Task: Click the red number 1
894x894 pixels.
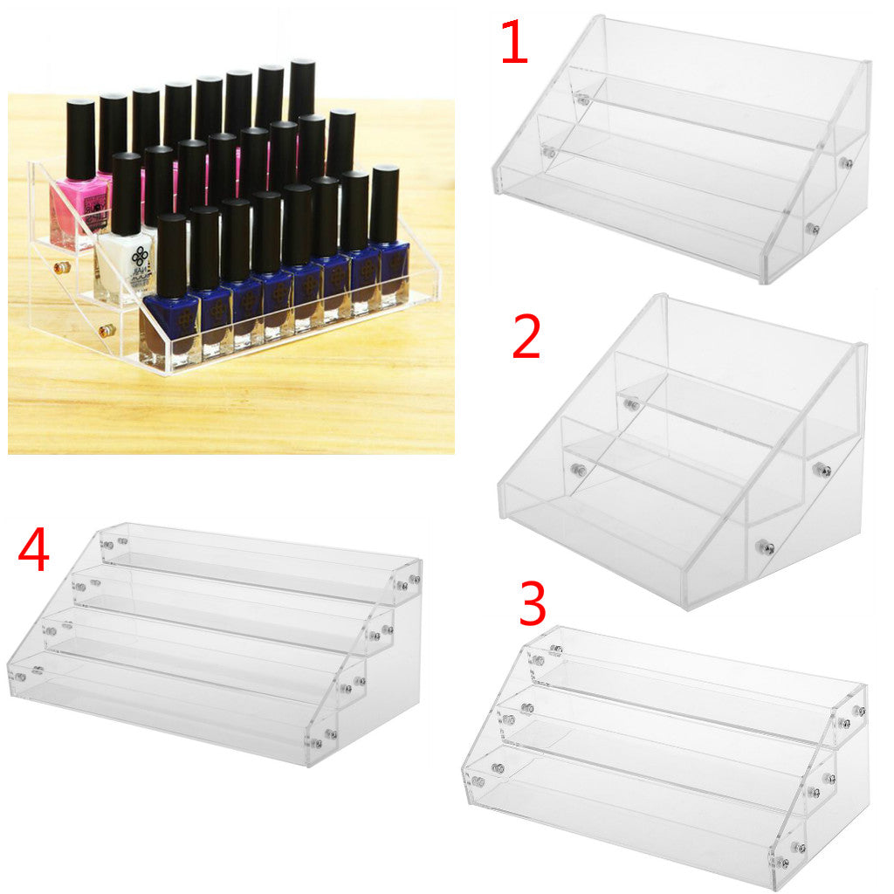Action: [x=514, y=42]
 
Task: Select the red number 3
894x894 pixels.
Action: [x=533, y=603]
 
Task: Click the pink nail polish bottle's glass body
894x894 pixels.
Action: [x=79, y=211]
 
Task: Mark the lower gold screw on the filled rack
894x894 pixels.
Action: [x=107, y=330]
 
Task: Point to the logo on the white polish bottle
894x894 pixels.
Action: [x=140, y=258]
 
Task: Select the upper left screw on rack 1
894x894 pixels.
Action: [x=582, y=100]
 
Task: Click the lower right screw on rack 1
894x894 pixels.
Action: [x=813, y=230]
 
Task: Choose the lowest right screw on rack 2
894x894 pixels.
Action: [x=766, y=548]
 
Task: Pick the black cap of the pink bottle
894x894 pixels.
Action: [x=79, y=140]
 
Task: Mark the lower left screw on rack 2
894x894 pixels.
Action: [x=580, y=470]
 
